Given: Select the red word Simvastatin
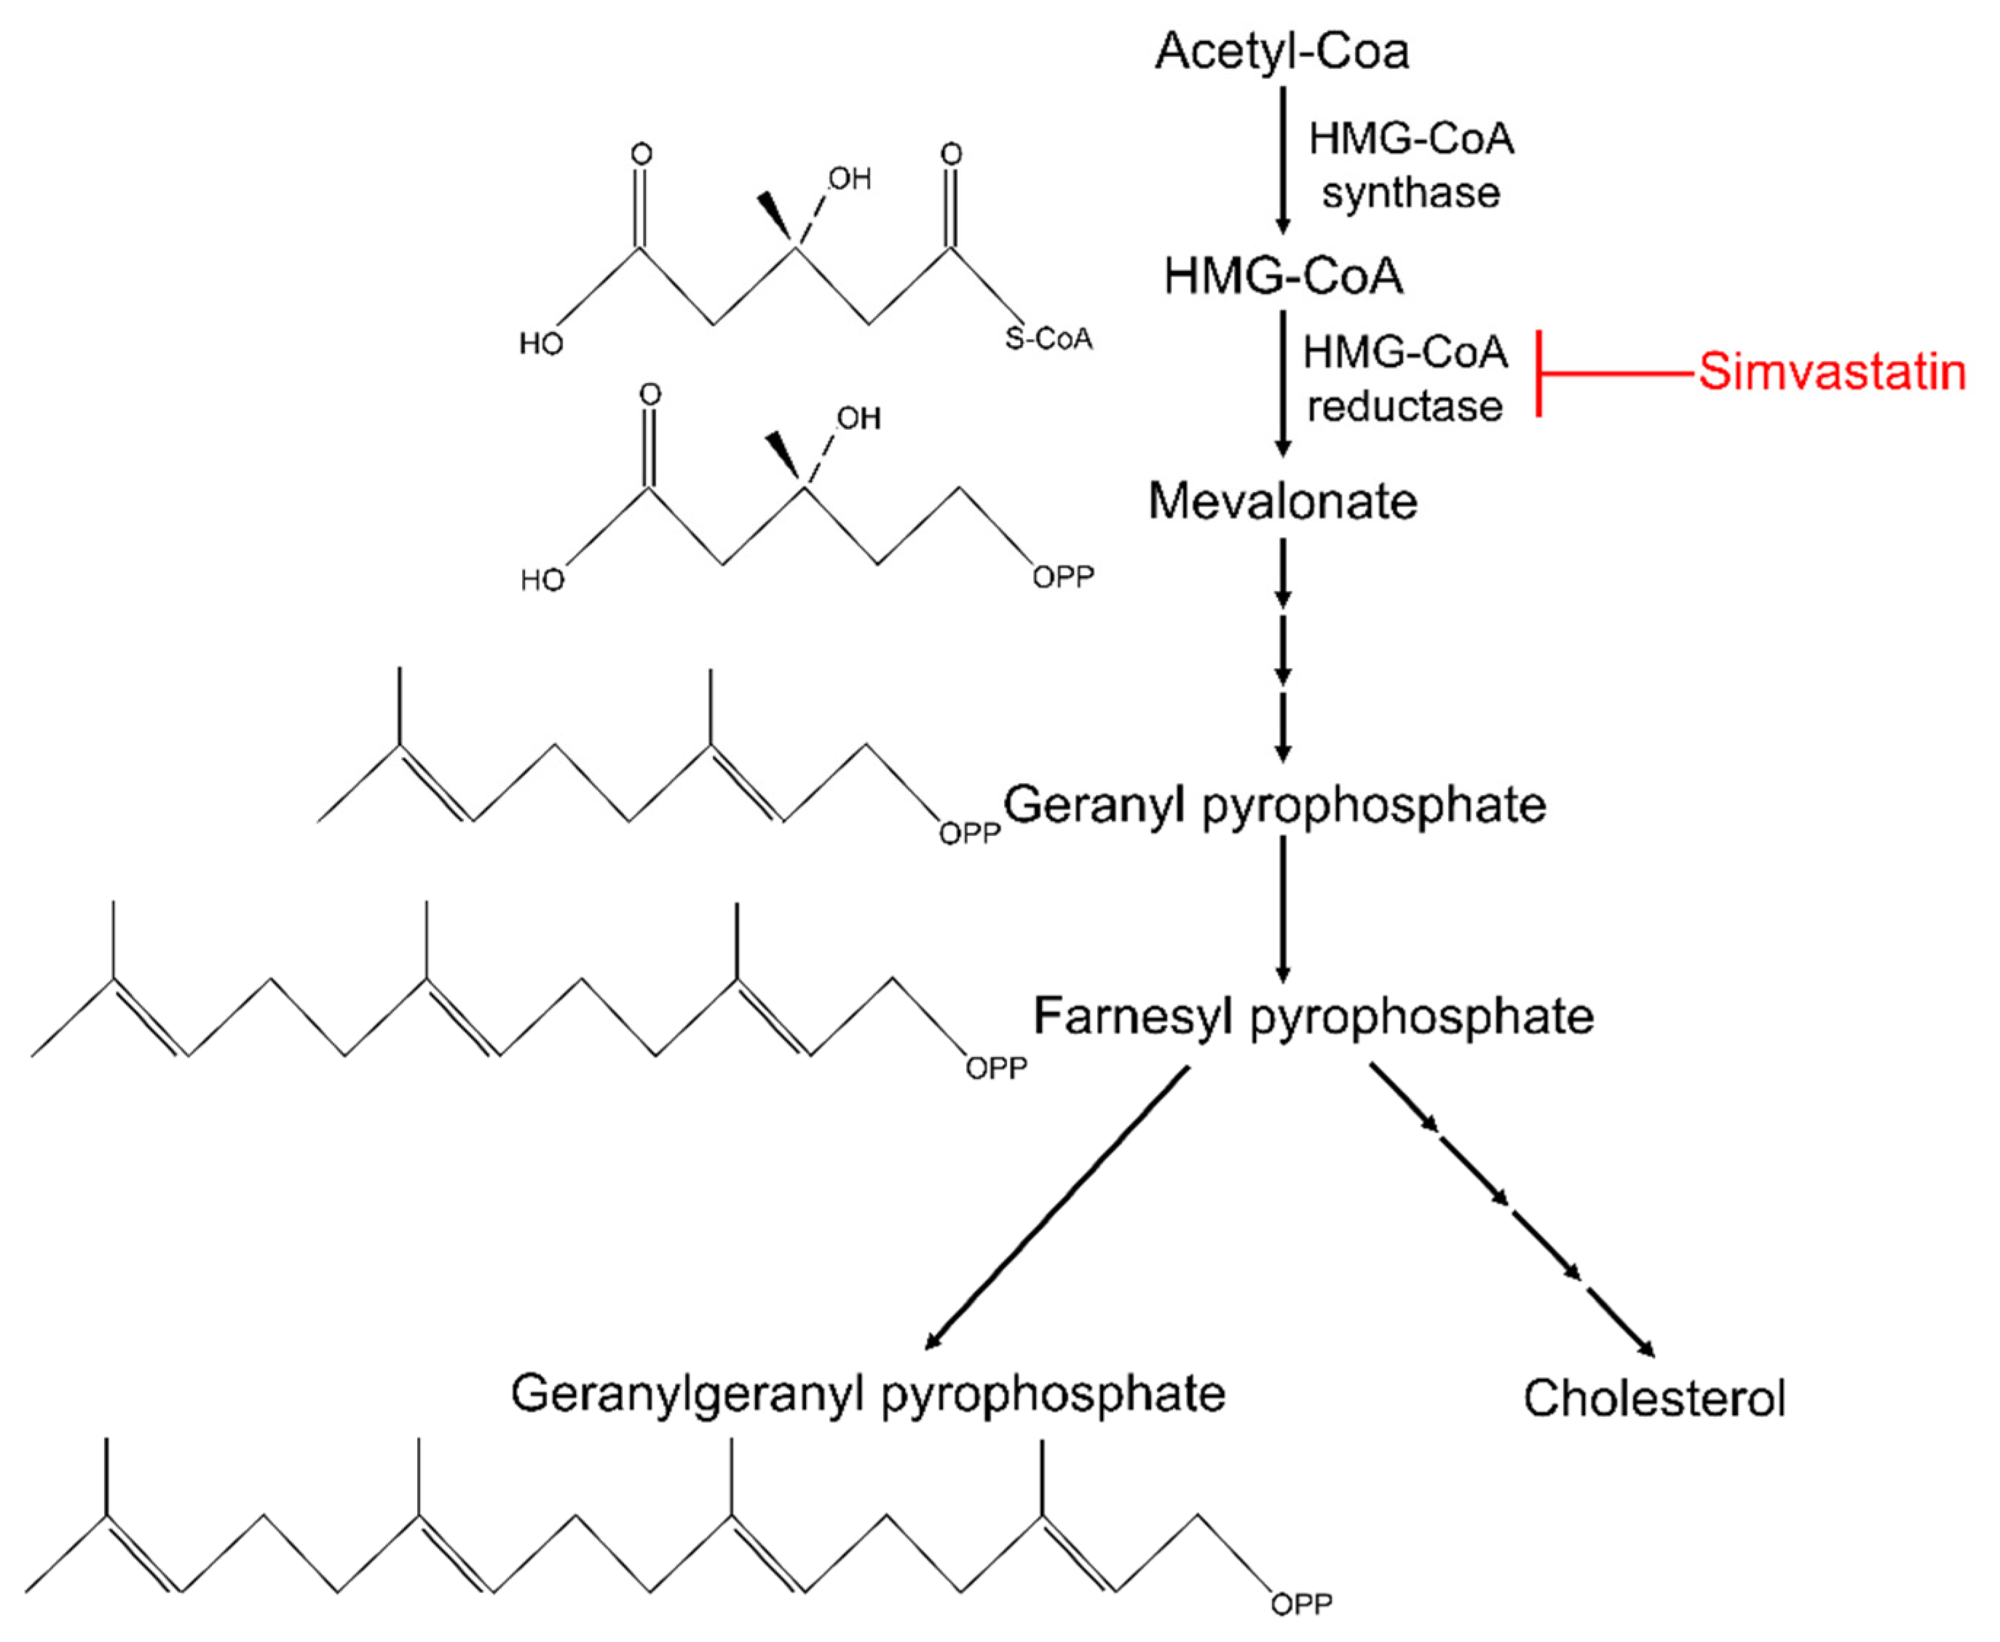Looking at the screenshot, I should click(1832, 372).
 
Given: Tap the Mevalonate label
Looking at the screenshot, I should click(1282, 501).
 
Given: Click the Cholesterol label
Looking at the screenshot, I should click(1653, 1398).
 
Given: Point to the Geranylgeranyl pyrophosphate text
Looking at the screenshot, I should click(868, 1393).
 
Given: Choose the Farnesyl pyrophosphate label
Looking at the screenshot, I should click(1313, 1017).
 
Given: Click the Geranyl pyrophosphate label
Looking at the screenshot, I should click(1274, 806).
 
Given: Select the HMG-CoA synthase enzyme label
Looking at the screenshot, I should click(1410, 165).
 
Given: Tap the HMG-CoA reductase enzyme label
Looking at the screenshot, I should click(1404, 379).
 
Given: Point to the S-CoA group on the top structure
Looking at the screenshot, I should click(1048, 338).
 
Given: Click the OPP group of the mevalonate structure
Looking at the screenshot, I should click(1062, 577).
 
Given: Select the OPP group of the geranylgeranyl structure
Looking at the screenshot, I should click(1301, 1604).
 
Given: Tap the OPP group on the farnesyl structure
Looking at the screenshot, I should click(995, 1068).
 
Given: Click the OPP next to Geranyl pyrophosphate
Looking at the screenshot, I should click(969, 833).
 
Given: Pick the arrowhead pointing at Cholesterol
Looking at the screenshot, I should click(1647, 1349).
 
